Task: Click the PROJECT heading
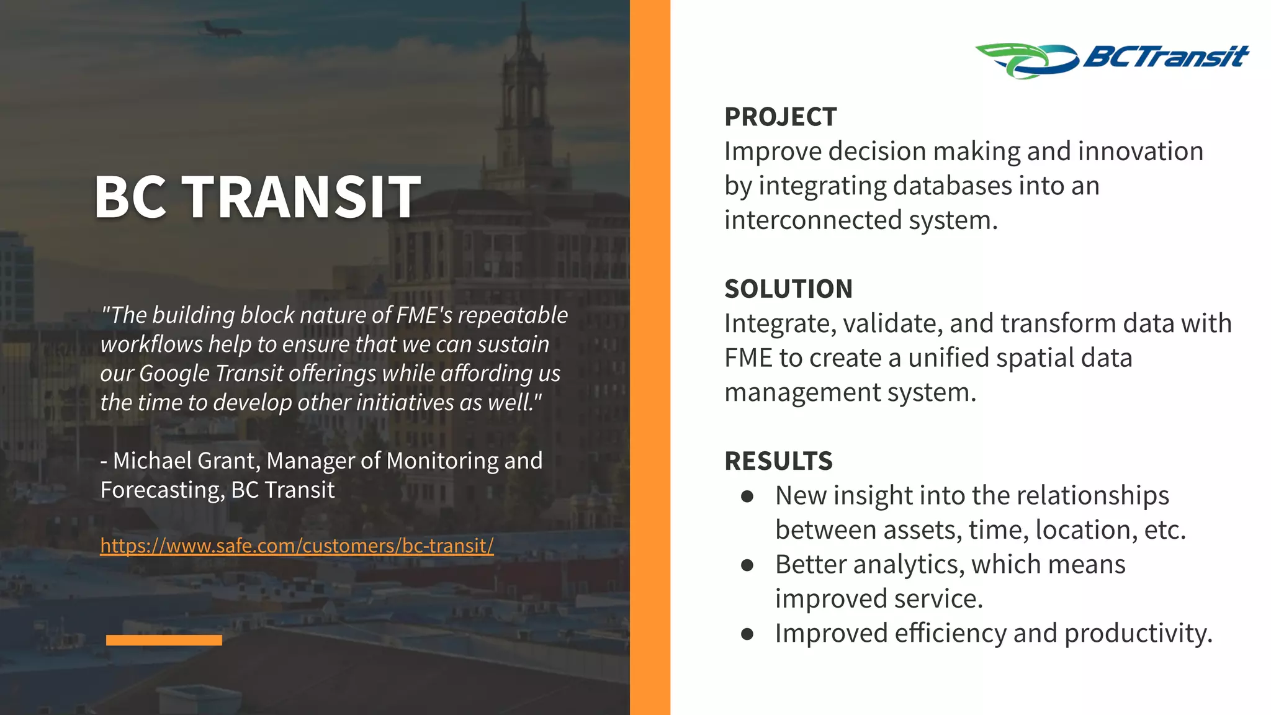[x=780, y=117]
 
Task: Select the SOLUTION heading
[x=788, y=289]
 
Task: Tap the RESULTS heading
[x=778, y=461]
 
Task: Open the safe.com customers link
[x=297, y=546]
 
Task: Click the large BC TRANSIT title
[x=257, y=197]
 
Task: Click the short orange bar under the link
[x=164, y=640]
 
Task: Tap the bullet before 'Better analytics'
[x=747, y=565]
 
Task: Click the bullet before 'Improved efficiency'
[x=747, y=634]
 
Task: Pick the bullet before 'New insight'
[x=747, y=496]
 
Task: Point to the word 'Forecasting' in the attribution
[x=161, y=490]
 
